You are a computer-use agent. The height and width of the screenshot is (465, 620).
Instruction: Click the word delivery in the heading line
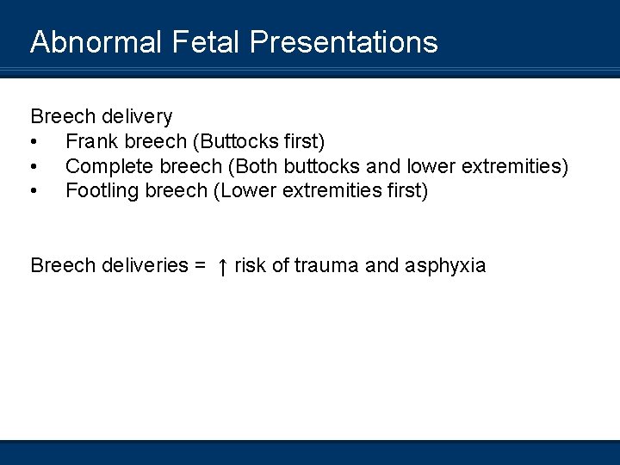pyautogui.click(x=138, y=116)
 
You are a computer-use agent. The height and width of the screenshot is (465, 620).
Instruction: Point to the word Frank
pyautogui.click(x=90, y=141)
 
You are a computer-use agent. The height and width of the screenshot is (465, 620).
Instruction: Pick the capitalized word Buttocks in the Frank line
pyautogui.click(x=239, y=141)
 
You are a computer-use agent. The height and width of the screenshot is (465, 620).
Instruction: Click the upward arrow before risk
pyautogui.click(x=222, y=266)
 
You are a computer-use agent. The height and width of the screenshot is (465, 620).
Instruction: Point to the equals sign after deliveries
pyautogui.click(x=201, y=266)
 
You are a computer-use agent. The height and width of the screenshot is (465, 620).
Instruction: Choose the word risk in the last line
pyautogui.click(x=250, y=265)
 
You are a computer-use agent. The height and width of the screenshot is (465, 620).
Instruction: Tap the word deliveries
pyautogui.click(x=147, y=265)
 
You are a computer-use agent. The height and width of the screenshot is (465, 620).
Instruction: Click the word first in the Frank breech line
pyautogui.click(x=302, y=141)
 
